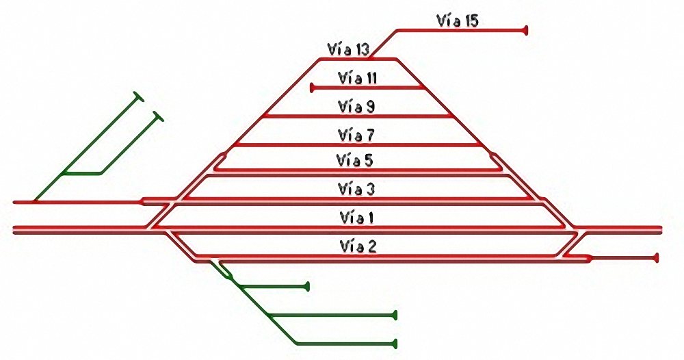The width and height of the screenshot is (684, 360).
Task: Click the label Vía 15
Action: (457, 21)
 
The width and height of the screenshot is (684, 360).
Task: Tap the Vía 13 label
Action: (348, 49)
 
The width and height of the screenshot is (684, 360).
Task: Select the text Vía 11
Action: (357, 78)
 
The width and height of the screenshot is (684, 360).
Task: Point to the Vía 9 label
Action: (356, 107)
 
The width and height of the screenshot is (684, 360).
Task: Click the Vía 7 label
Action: (356, 136)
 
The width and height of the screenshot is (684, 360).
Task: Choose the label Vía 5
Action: (354, 161)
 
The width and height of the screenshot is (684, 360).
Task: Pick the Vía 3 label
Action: (356, 190)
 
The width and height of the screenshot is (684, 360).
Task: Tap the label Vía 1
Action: (357, 218)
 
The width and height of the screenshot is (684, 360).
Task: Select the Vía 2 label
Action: (358, 246)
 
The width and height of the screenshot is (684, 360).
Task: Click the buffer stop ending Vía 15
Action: (526, 31)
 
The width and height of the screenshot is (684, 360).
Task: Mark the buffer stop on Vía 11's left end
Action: (312, 88)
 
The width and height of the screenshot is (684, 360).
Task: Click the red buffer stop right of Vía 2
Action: (656, 258)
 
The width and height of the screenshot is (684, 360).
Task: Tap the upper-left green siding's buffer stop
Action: (139, 97)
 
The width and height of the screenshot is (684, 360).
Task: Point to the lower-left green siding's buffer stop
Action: (158, 116)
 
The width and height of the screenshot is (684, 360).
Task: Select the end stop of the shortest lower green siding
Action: (308, 287)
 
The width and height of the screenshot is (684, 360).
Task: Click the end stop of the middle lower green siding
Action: (395, 315)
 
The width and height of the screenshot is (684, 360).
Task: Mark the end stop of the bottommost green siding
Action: (395, 344)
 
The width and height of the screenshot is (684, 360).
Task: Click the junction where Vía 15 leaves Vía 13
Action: (370, 58)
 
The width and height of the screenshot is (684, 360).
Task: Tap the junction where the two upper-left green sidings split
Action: (64, 173)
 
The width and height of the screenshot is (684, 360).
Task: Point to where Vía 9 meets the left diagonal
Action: (264, 116)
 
